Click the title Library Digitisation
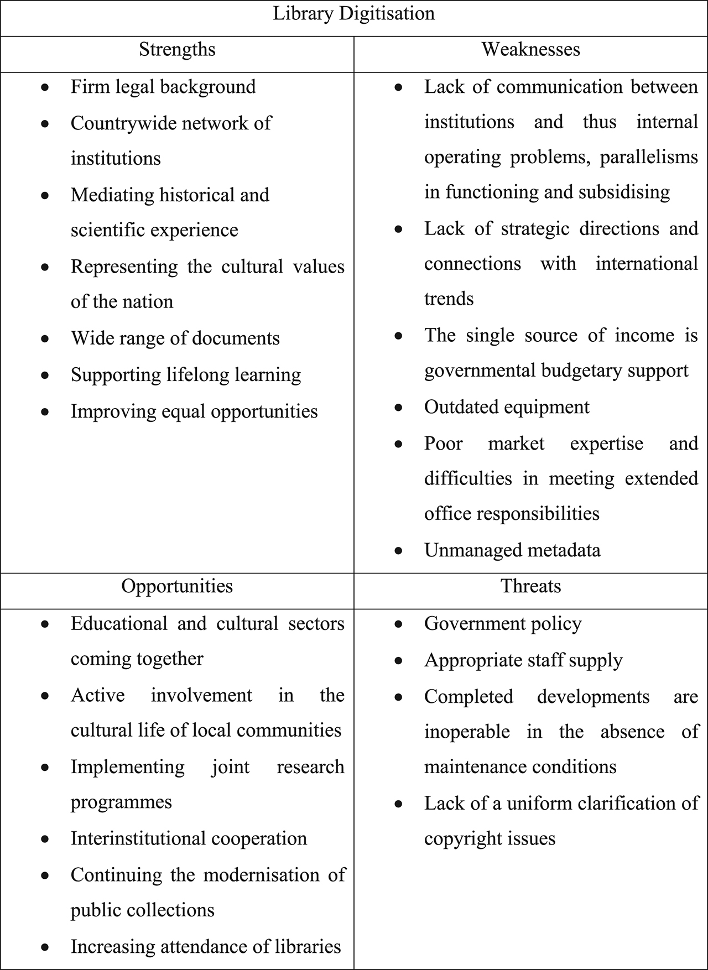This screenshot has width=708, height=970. (x=354, y=13)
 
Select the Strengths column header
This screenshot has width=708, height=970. (x=177, y=50)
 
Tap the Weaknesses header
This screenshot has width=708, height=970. (x=530, y=50)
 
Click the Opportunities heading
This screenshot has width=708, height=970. (x=177, y=586)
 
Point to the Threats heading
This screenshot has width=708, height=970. (x=530, y=586)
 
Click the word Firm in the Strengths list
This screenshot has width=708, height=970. (x=88, y=87)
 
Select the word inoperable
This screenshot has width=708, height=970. (x=467, y=732)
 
